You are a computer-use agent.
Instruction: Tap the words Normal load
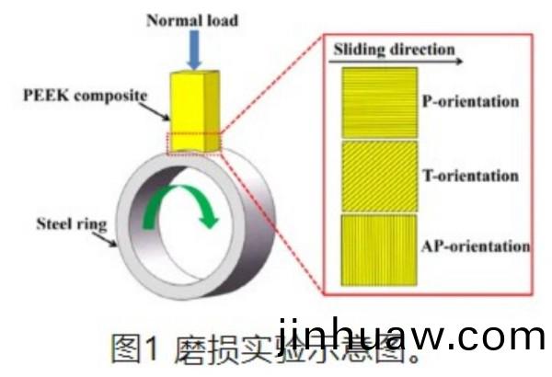pyautogui.click(x=192, y=19)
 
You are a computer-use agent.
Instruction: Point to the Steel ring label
pyautogui.click(x=70, y=222)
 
